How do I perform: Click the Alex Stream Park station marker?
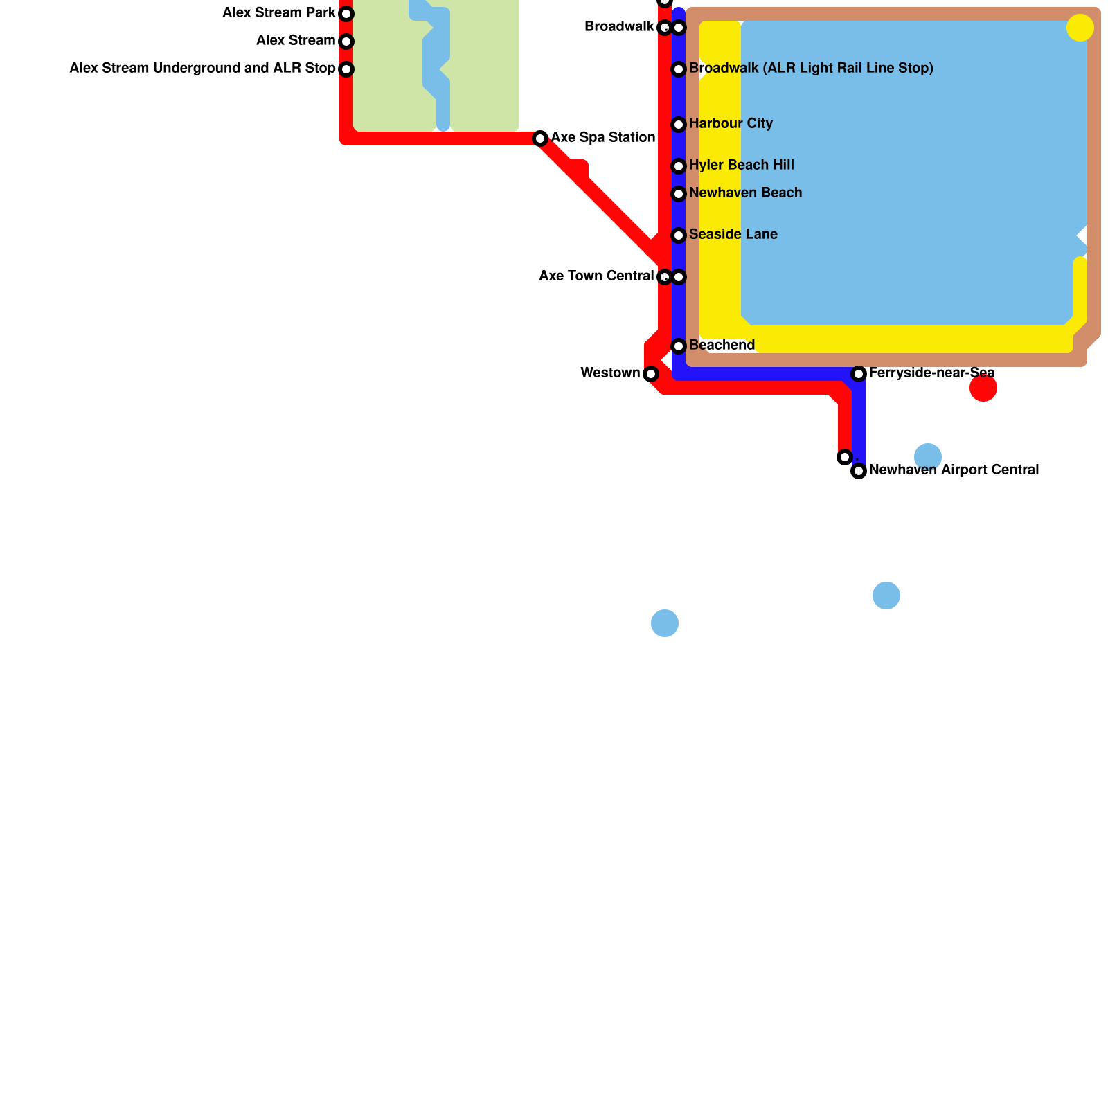click(346, 14)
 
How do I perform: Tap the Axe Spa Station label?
click(603, 137)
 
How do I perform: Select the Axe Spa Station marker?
click(540, 138)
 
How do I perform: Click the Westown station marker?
click(651, 374)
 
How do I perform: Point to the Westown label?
click(610, 373)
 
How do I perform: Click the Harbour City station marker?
click(679, 125)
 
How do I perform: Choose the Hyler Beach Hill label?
click(742, 165)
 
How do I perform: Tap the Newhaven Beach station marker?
click(679, 194)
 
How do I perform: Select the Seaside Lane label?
click(733, 234)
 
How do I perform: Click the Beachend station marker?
click(679, 346)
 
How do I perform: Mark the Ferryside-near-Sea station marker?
click(859, 374)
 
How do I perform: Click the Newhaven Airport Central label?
click(954, 470)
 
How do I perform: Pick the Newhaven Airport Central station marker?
click(859, 471)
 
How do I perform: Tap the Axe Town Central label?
click(596, 276)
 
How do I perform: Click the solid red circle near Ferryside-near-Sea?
click(983, 388)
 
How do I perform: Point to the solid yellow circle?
click(1080, 28)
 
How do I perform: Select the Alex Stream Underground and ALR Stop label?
click(202, 68)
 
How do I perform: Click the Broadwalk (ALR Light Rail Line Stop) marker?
click(679, 69)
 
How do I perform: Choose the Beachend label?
click(722, 345)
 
